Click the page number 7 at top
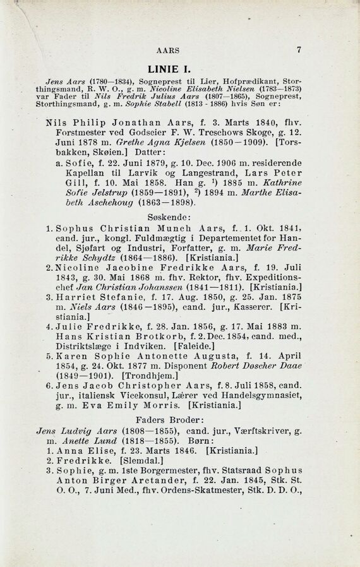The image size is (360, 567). pos(298,50)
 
